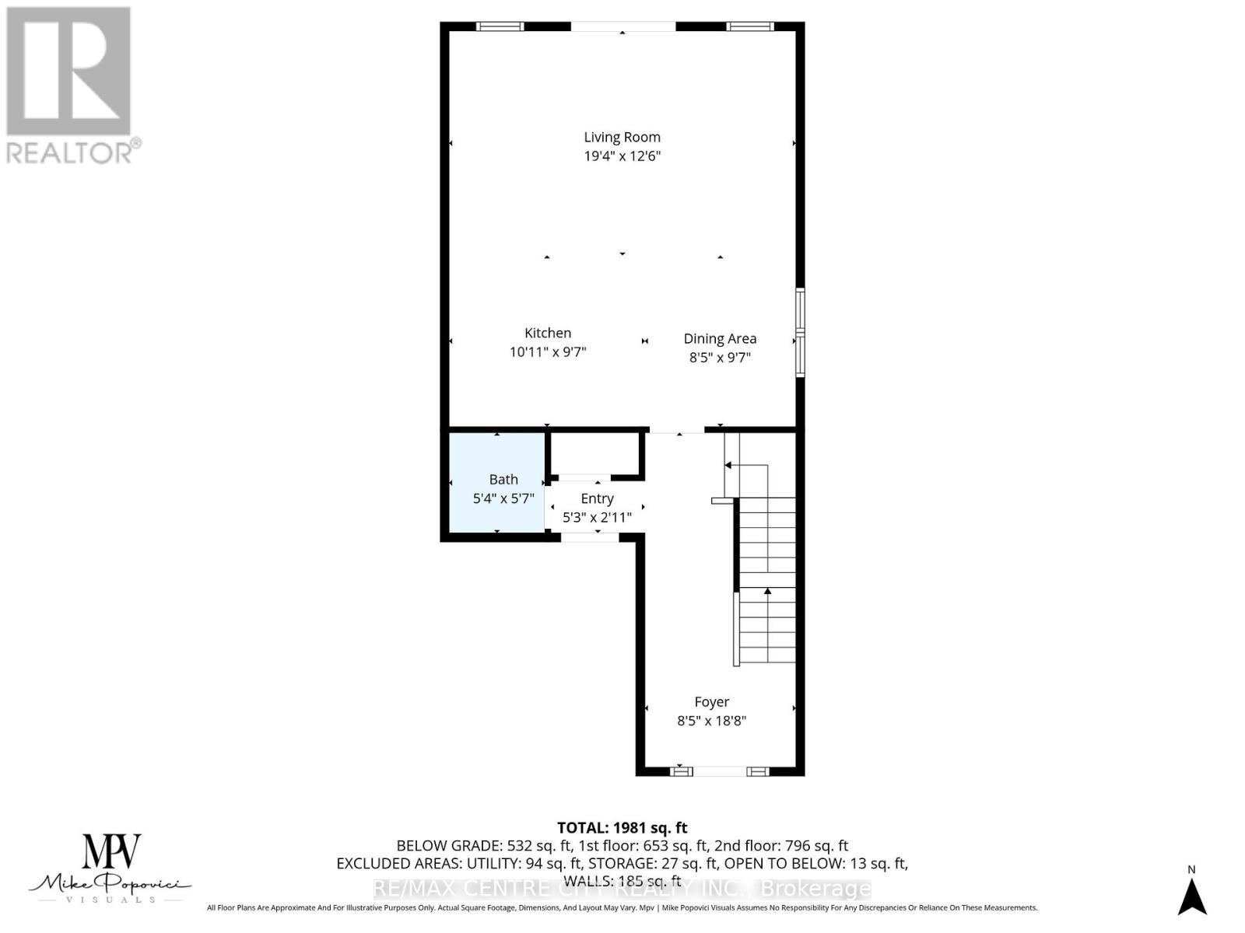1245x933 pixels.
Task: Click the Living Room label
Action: (x=622, y=137)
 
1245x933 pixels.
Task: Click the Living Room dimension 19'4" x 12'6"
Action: (x=622, y=155)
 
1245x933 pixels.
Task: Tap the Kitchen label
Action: (x=548, y=333)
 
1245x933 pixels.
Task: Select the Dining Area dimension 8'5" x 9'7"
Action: (x=720, y=358)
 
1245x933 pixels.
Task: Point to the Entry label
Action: (x=597, y=498)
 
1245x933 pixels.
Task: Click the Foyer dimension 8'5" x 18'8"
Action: (x=711, y=721)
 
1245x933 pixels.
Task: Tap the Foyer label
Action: (x=711, y=701)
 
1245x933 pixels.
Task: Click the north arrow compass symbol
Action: (x=1191, y=896)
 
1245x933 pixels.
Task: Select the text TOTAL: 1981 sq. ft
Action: (x=622, y=828)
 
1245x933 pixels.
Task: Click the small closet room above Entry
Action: (x=595, y=454)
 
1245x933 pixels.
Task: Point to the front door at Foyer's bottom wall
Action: (x=720, y=771)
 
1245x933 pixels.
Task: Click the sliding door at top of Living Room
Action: (x=622, y=26)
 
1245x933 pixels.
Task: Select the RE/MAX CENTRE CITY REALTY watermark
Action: (x=622, y=889)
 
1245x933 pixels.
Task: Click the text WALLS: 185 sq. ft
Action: (x=622, y=881)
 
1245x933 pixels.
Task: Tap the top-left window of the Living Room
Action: (x=500, y=26)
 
